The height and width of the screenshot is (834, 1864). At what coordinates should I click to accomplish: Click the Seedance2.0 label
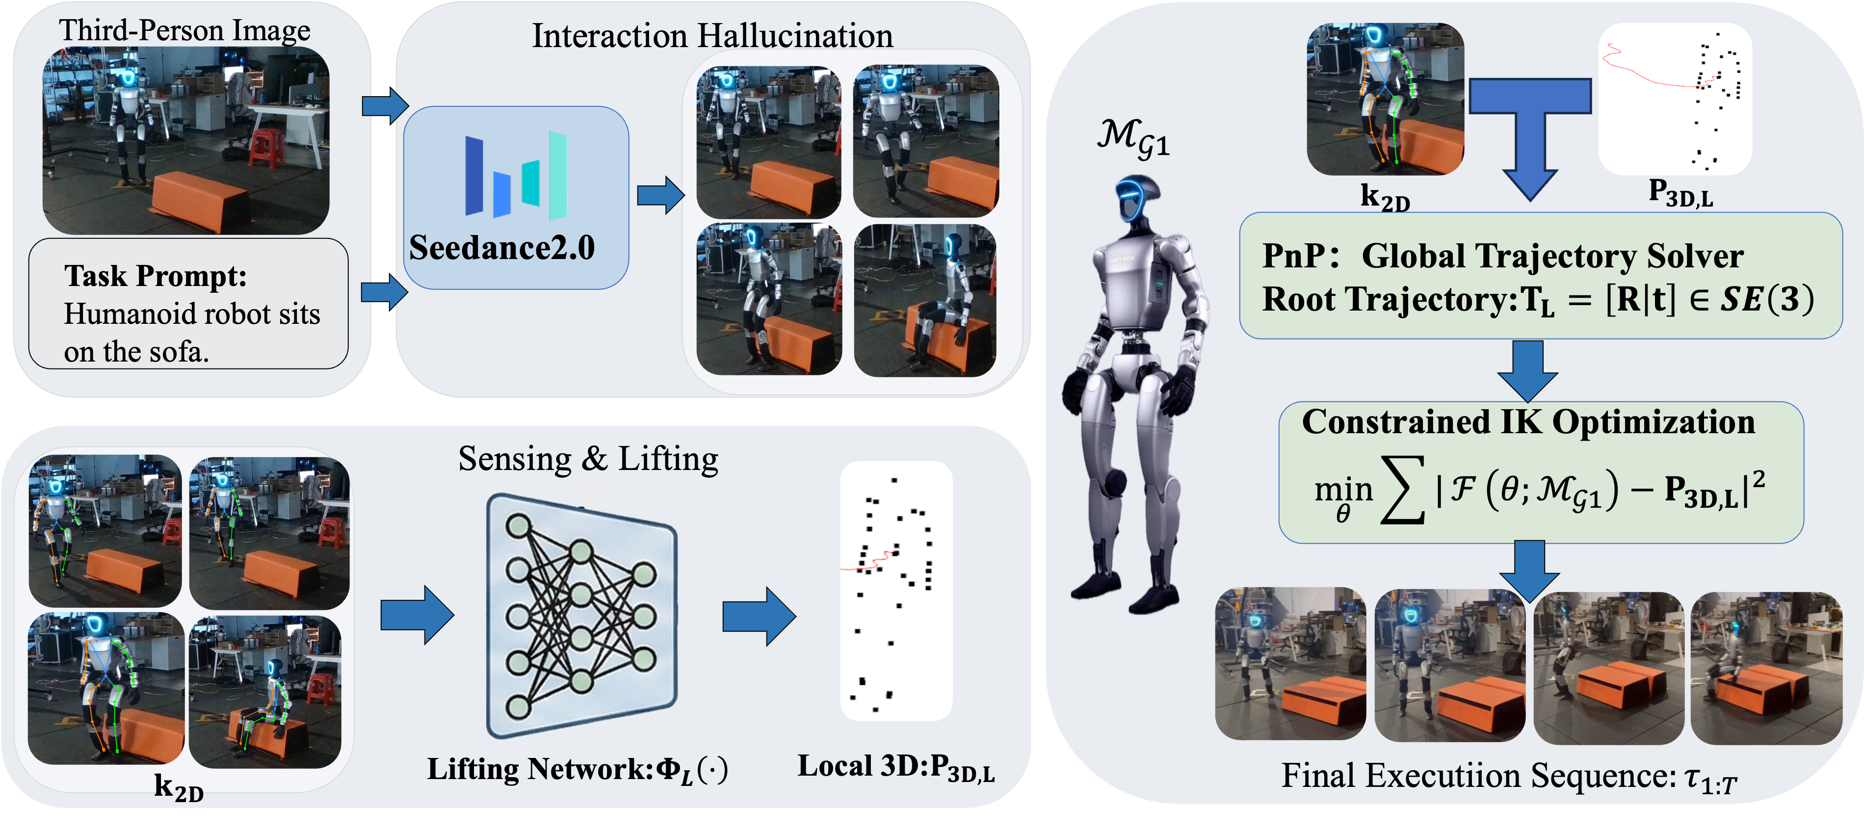pos(501,248)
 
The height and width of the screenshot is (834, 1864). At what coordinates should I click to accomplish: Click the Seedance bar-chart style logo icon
pos(515,175)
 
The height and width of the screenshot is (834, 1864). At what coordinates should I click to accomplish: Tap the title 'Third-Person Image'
pos(184,30)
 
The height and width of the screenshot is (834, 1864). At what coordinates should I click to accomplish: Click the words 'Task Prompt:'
pos(156,276)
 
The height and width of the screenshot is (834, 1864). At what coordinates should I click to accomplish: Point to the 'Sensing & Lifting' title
pos(588,459)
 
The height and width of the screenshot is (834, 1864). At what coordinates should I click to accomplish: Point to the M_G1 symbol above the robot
pos(1132,139)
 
